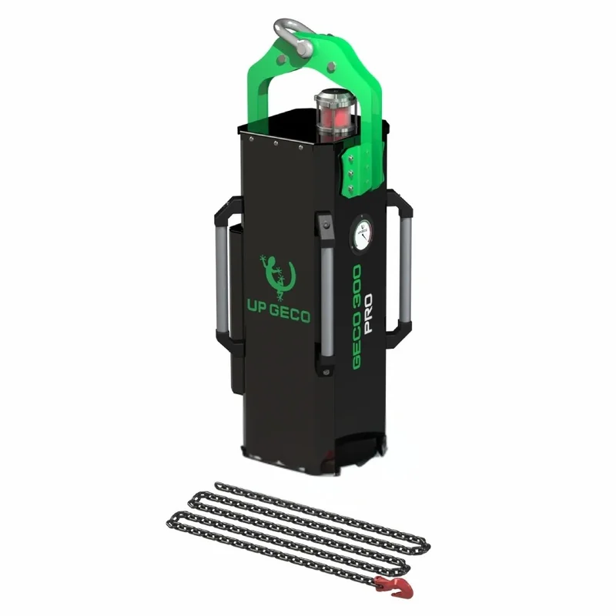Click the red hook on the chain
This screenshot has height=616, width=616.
coord(393,587)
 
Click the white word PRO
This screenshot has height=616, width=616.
coord(368,313)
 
